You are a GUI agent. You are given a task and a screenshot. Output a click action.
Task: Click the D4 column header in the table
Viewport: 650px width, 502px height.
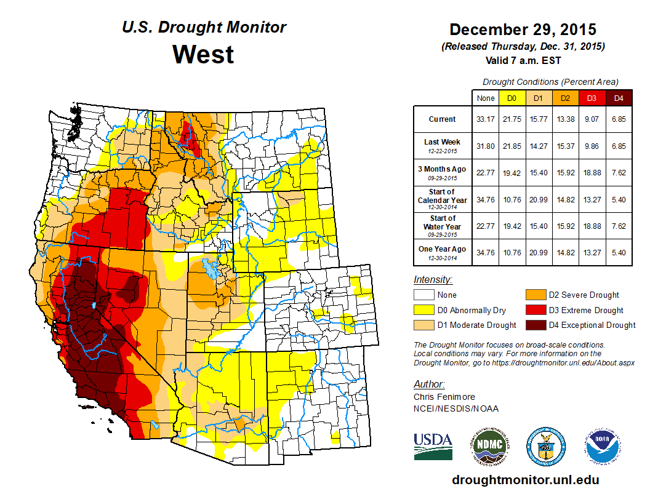(x=619, y=98)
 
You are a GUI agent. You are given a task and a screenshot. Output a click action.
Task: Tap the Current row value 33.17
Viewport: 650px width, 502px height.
(x=485, y=119)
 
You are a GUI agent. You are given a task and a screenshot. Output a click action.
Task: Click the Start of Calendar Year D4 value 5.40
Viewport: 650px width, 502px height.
(x=619, y=200)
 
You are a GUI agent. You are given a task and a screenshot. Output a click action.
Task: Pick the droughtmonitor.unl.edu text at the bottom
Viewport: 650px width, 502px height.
(x=525, y=480)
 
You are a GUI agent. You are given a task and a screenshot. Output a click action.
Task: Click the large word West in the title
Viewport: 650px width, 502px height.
(x=203, y=54)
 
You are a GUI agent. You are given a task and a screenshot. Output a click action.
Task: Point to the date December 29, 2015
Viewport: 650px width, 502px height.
(x=523, y=29)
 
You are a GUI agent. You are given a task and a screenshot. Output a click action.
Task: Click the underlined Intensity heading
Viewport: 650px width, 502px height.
(x=433, y=280)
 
